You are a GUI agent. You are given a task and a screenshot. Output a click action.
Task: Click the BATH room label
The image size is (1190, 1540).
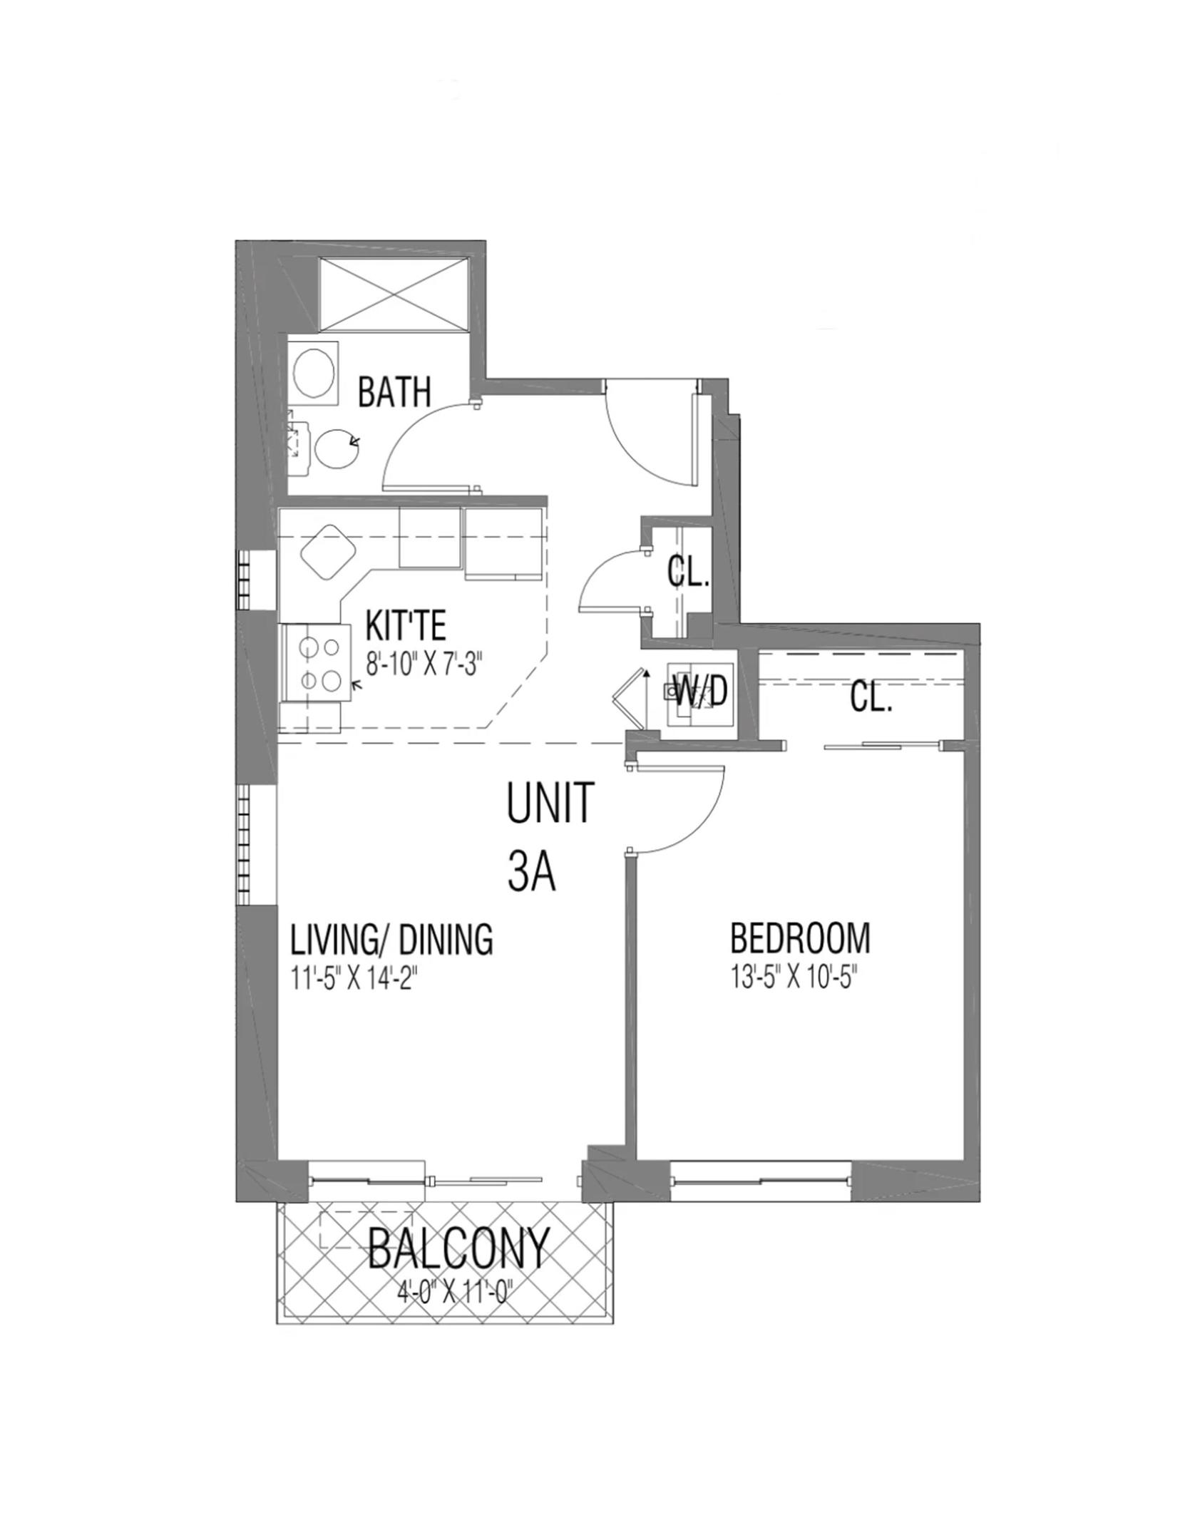tap(394, 391)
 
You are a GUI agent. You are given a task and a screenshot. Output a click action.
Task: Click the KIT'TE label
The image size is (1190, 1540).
tap(405, 625)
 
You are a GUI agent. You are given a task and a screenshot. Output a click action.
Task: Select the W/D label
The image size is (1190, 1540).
tap(700, 691)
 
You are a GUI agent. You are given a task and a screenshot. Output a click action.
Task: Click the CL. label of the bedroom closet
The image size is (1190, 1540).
tap(871, 699)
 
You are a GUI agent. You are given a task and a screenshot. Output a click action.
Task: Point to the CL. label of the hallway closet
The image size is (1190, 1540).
tap(688, 571)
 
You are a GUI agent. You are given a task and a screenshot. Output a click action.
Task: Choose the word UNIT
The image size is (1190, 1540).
tap(550, 803)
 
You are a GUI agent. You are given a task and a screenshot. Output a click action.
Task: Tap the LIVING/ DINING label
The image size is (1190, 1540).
tap(391, 939)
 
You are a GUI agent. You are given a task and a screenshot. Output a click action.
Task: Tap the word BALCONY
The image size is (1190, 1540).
tap(459, 1248)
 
